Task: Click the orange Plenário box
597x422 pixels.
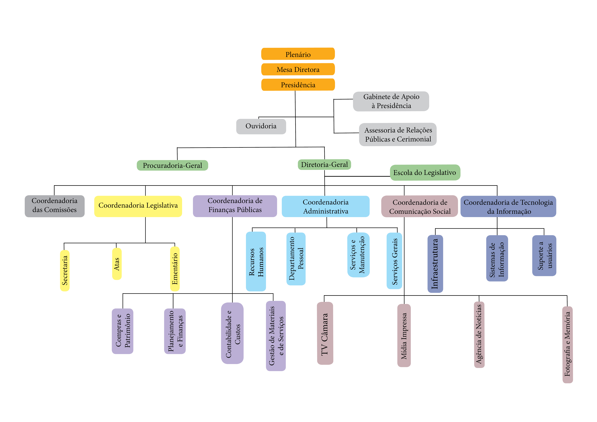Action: click(x=298, y=54)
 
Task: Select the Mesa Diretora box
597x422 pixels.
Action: click(x=298, y=69)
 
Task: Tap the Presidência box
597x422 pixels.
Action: click(x=298, y=85)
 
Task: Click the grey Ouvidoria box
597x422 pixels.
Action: click(x=261, y=126)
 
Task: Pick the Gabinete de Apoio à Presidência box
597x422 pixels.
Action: click(x=391, y=101)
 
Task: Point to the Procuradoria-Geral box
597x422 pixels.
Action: click(x=172, y=165)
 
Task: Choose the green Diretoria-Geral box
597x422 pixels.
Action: click(x=324, y=164)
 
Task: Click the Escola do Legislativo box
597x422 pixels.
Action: click(x=425, y=173)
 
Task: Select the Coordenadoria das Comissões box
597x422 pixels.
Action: click(x=55, y=206)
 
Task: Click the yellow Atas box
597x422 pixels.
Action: click(x=117, y=264)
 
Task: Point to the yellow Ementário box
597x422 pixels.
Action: click(x=175, y=269)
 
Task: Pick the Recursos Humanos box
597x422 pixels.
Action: click(x=256, y=261)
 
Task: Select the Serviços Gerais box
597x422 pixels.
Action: click(x=394, y=261)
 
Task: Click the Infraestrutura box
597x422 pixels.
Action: click(x=435, y=264)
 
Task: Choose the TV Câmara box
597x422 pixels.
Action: click(x=325, y=333)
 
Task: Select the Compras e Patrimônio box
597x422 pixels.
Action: click(x=122, y=331)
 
